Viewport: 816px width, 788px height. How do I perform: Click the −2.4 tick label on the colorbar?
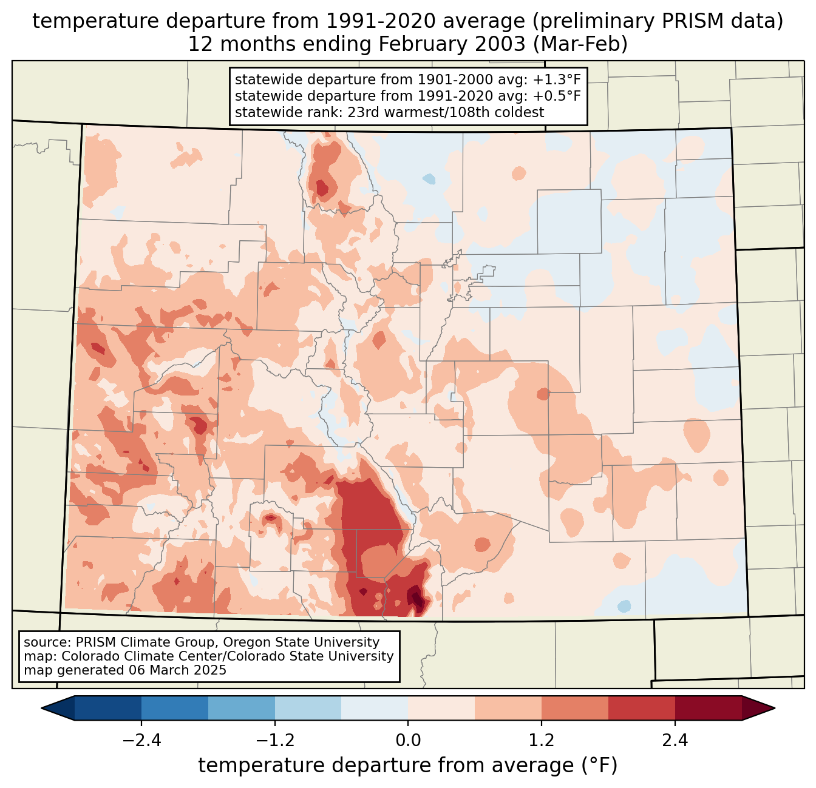(x=141, y=741)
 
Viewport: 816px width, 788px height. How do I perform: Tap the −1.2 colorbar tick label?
(x=274, y=741)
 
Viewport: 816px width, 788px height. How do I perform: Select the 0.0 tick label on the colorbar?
(x=408, y=741)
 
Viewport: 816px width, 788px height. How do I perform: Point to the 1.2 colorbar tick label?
(x=542, y=741)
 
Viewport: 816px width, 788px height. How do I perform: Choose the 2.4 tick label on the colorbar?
(x=675, y=741)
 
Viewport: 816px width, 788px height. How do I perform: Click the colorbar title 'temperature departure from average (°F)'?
(x=408, y=766)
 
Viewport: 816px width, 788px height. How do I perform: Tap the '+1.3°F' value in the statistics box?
(x=557, y=80)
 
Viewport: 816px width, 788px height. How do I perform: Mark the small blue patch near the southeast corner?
(x=624, y=606)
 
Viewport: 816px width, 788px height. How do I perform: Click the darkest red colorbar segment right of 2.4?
(x=708, y=708)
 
